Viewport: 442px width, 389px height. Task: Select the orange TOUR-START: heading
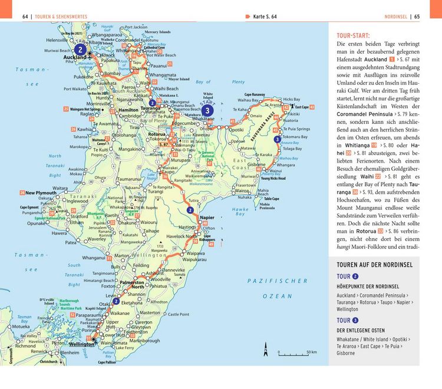[354, 35]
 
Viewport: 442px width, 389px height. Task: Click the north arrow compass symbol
[266, 348]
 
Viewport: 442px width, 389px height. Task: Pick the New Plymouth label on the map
[41, 193]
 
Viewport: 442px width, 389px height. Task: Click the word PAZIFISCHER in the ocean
[278, 281]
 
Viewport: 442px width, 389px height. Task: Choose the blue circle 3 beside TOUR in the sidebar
[356, 320]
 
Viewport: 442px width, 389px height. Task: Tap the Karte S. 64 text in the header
[264, 17]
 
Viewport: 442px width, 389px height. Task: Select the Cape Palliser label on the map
[110, 362]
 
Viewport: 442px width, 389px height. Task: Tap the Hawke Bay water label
[240, 211]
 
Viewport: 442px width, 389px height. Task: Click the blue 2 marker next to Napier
[190, 209]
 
